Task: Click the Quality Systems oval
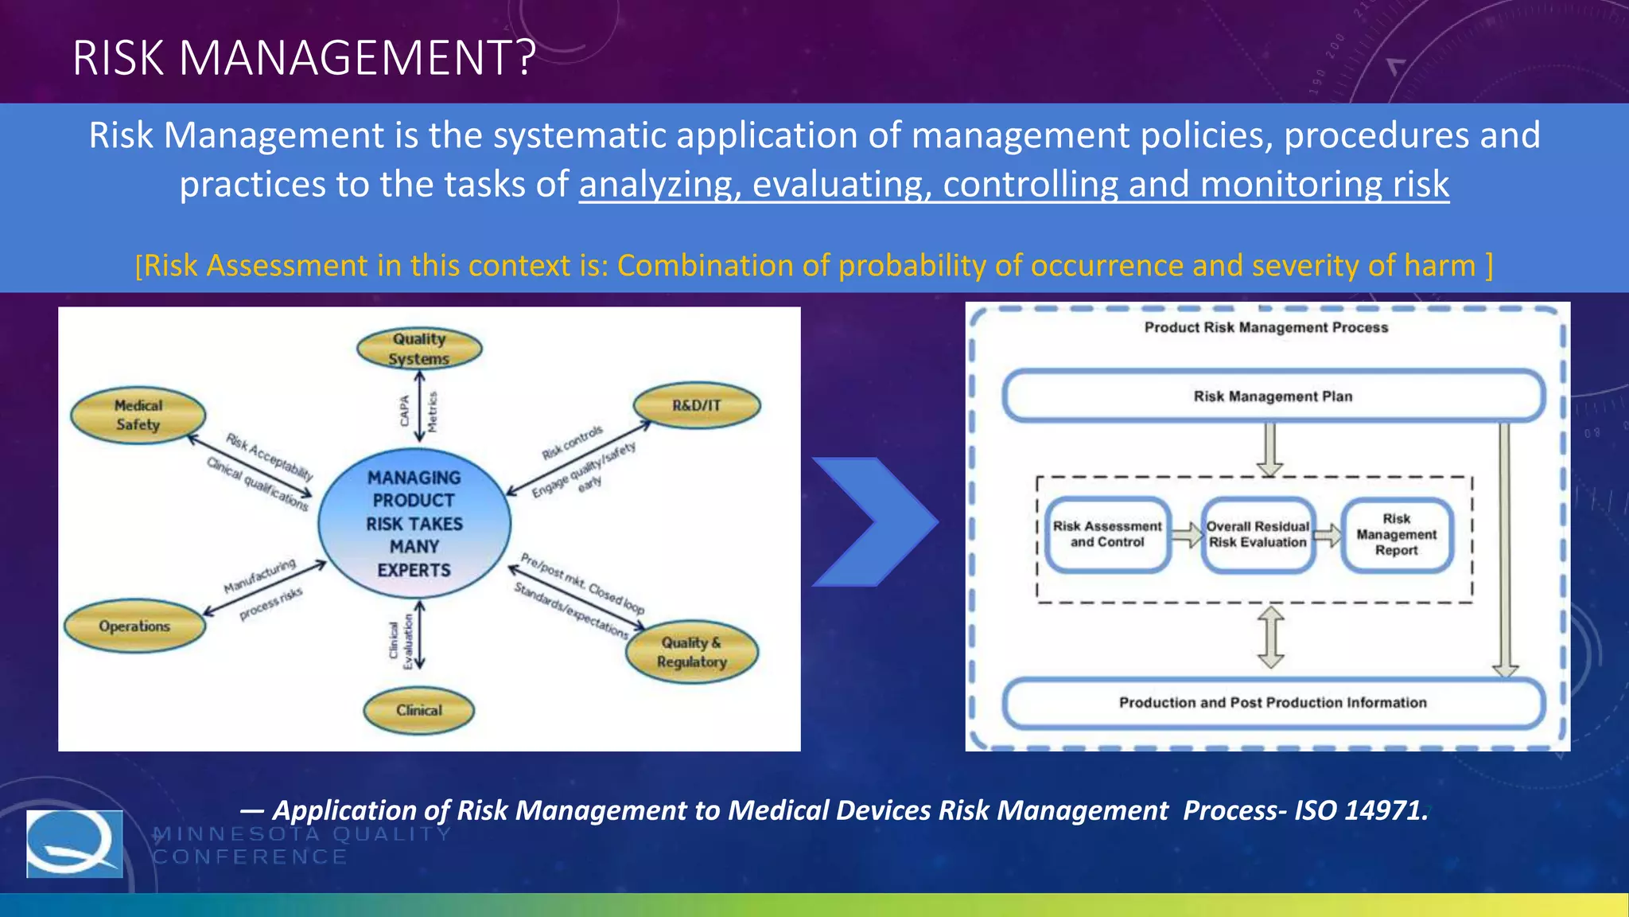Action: click(419, 349)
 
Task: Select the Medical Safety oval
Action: click(138, 415)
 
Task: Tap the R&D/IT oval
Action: click(696, 405)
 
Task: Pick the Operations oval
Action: click(134, 626)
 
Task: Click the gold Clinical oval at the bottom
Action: click(418, 710)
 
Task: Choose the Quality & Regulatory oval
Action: click(692, 652)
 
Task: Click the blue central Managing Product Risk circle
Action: click(414, 524)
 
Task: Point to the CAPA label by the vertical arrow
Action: click(405, 411)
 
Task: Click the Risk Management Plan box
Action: click(1273, 396)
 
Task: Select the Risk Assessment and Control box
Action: click(1107, 534)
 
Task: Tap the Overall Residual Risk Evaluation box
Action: click(1258, 534)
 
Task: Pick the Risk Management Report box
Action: click(1397, 534)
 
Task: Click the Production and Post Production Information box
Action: click(1273, 702)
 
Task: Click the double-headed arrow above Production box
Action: click(1270, 637)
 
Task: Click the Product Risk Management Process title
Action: click(1266, 327)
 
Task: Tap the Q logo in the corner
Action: click(75, 844)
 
